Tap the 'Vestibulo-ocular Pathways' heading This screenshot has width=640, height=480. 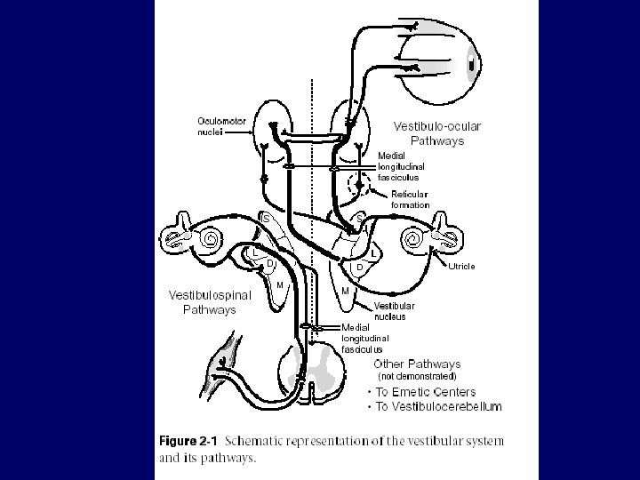(436, 132)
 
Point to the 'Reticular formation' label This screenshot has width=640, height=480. (410, 199)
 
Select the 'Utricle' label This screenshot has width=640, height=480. (460, 266)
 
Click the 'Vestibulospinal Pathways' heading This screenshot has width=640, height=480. (210, 302)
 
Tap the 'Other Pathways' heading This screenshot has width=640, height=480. (417, 364)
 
